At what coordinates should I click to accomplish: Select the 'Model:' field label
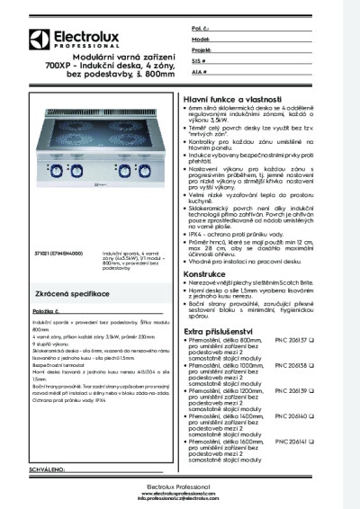point(202,40)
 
